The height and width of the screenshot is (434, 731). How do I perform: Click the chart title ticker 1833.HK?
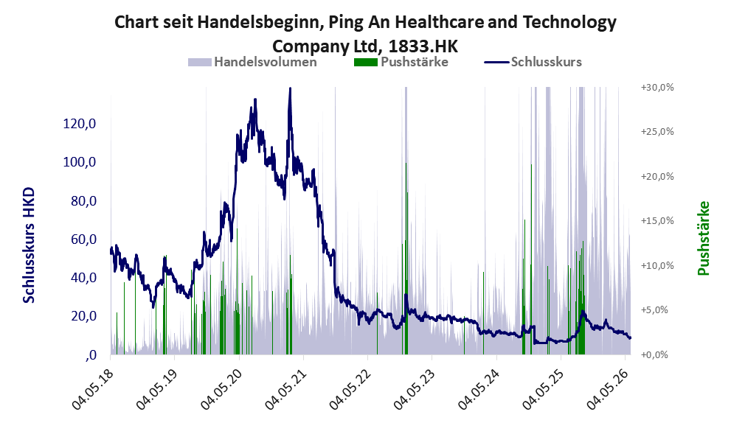pos(423,46)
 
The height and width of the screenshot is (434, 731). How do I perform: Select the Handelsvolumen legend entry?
pos(252,62)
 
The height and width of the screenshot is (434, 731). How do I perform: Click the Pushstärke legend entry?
pos(401,62)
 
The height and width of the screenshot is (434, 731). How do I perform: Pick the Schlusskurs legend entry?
pos(533,62)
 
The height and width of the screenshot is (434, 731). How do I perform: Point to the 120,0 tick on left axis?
pos(79,124)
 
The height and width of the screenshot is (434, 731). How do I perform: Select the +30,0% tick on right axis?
pos(657,88)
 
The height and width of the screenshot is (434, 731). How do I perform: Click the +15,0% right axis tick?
pos(657,221)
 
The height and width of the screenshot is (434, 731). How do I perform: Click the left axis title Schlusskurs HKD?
pos(29,245)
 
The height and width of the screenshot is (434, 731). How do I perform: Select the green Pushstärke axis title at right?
pos(704,239)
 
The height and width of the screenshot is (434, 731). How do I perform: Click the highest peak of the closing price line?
pos(290,88)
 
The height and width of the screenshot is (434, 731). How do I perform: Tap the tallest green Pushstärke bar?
pos(406,259)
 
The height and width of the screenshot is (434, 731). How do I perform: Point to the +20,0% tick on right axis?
pos(657,177)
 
